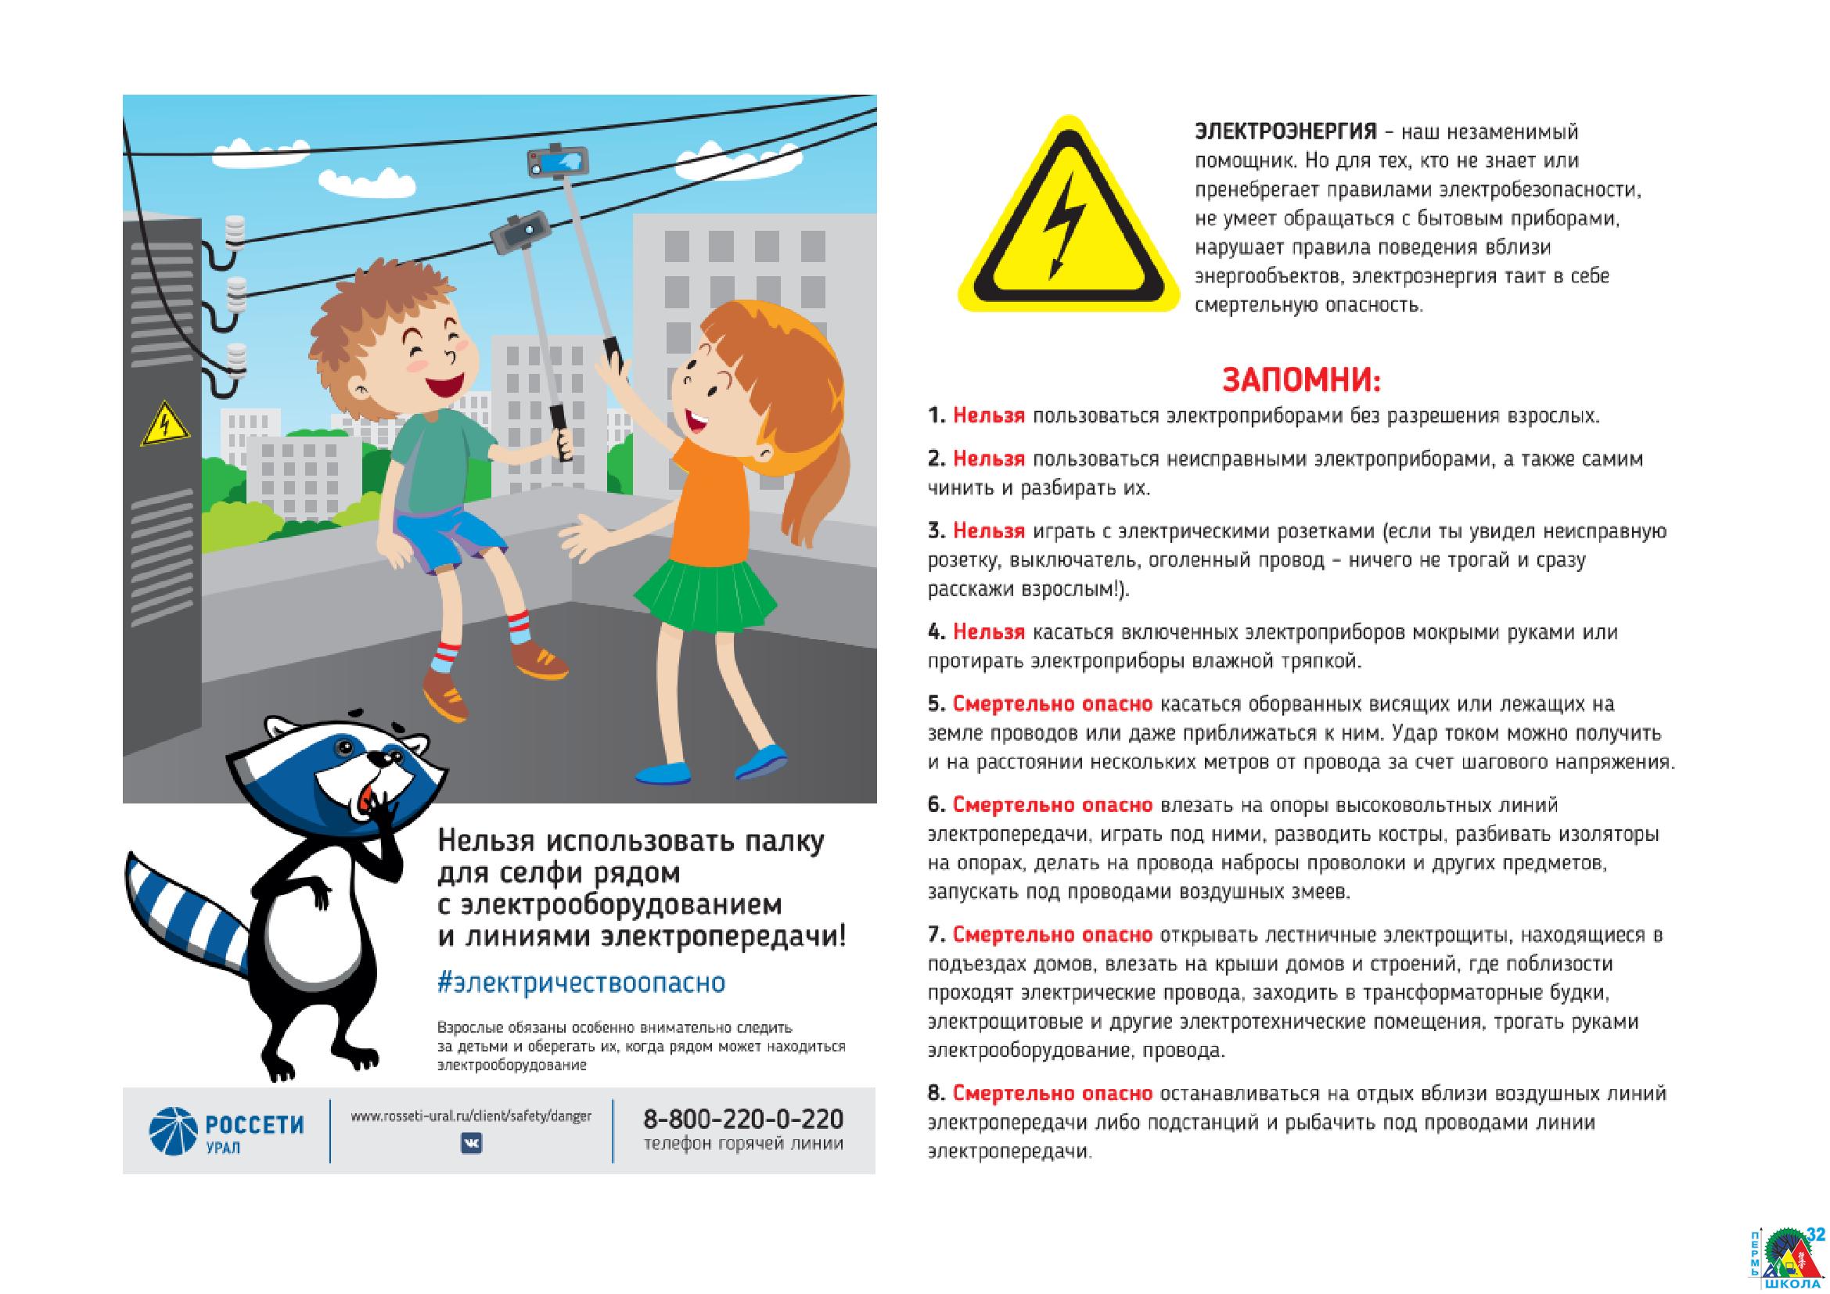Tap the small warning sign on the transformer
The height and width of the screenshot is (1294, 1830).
(166, 425)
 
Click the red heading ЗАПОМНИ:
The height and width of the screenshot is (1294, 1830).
(1301, 380)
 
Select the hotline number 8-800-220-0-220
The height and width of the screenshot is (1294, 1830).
(742, 1119)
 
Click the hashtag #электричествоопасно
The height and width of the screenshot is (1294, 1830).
(582, 983)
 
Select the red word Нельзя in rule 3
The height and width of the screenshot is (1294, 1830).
(988, 530)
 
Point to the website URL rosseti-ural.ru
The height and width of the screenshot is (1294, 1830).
(471, 1116)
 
